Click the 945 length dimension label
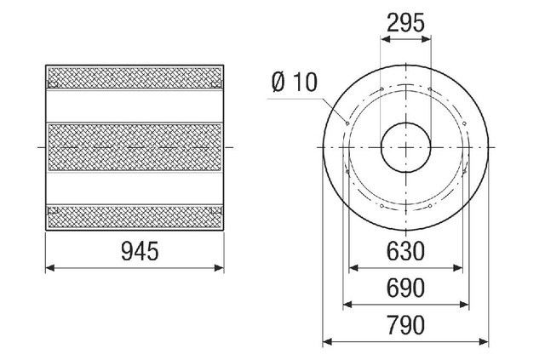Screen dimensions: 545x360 (x=140, y=251)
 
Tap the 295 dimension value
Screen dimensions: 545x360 (x=405, y=23)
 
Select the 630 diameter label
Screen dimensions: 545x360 (x=405, y=251)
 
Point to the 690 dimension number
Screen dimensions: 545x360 (x=405, y=288)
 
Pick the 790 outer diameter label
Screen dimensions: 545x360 (x=405, y=325)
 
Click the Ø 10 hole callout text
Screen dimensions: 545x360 (x=295, y=83)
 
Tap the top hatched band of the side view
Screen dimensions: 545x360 (x=135, y=77)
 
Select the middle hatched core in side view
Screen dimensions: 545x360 (x=135, y=147)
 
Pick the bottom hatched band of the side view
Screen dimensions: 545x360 (x=135, y=217)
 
